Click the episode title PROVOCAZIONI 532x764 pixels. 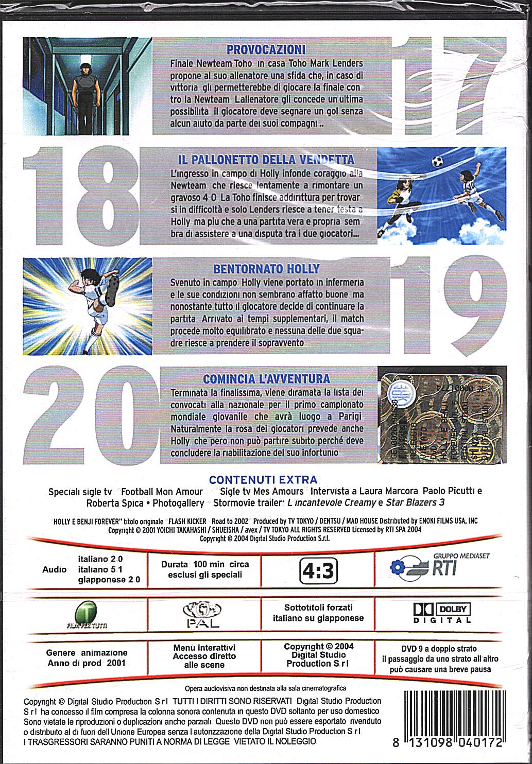click(x=266, y=49)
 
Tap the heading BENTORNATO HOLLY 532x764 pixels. click(x=266, y=268)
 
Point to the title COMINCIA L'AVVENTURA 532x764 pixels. click(x=266, y=379)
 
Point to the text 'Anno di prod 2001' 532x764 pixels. click(x=87, y=663)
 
